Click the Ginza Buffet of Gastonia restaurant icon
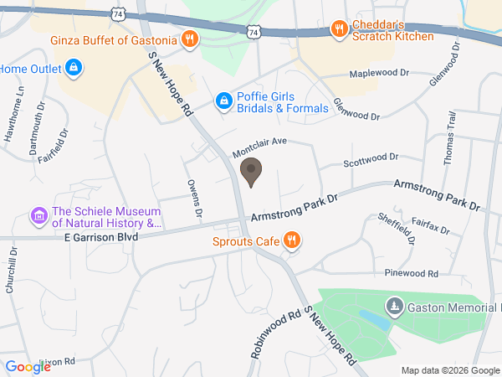190,39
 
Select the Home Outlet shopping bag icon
73,65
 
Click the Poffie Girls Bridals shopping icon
223,101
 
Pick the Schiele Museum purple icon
38,217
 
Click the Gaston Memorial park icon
395,306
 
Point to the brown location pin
250,173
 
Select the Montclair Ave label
259,147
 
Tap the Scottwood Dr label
371,158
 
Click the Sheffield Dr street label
409,228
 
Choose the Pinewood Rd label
411,273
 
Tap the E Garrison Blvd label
100,237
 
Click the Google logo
28,366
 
